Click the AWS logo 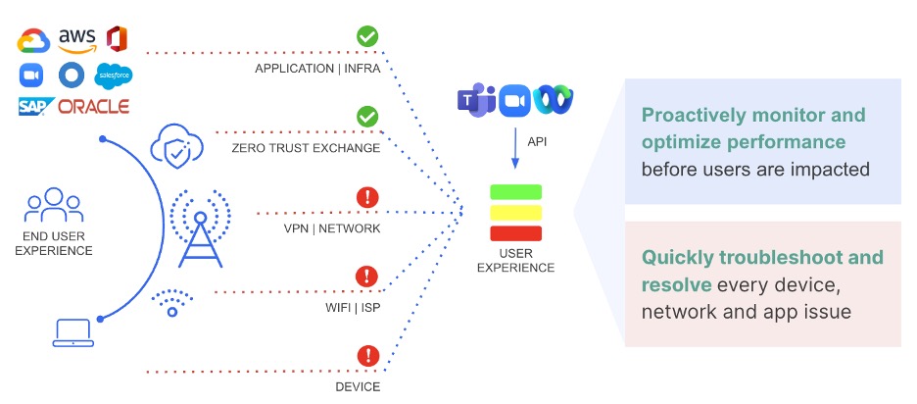click(x=76, y=41)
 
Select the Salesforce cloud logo click(x=114, y=76)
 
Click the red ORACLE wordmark click(x=94, y=107)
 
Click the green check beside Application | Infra click(x=367, y=37)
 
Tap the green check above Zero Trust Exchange click(x=367, y=117)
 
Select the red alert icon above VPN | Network click(x=367, y=197)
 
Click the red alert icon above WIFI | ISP click(x=367, y=277)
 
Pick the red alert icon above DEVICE click(x=367, y=355)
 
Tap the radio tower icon click(x=200, y=228)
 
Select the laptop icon click(x=72, y=332)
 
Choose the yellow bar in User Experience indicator click(x=516, y=212)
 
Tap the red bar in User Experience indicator click(x=516, y=232)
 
